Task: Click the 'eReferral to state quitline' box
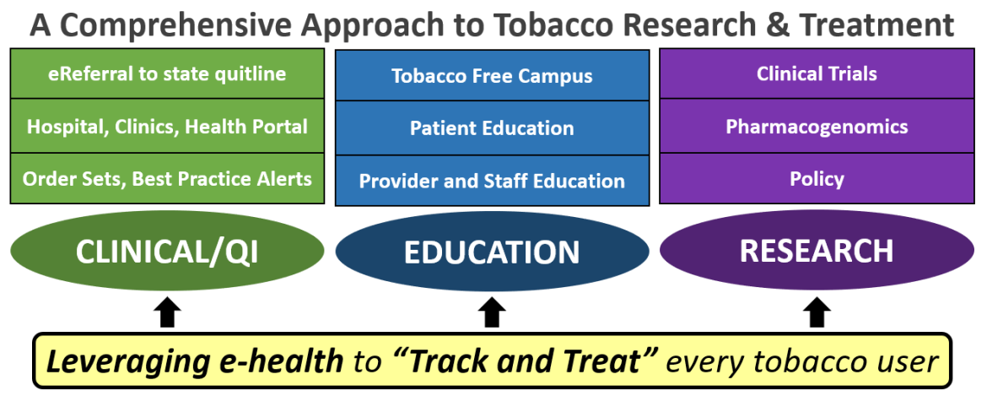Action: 167,74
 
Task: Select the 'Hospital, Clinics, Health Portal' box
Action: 167,127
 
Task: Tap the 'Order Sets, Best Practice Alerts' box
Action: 167,178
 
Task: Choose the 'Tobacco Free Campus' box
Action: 492,76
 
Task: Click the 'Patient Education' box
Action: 492,128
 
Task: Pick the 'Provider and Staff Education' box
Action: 492,181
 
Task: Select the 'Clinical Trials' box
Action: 817,74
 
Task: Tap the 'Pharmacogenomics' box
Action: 817,127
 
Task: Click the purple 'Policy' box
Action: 817,178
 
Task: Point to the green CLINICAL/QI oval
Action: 167,251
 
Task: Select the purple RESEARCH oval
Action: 817,251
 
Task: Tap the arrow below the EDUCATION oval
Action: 492,313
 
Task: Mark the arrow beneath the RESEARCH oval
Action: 816,313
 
